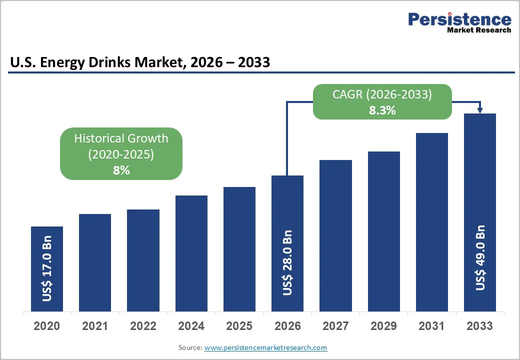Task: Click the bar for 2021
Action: (x=95, y=262)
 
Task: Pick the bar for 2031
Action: (x=432, y=222)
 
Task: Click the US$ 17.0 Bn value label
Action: (x=47, y=268)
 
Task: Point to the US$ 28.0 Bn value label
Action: (x=287, y=262)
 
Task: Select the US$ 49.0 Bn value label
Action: (x=480, y=258)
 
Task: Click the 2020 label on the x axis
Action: (x=47, y=326)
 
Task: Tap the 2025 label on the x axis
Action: (x=239, y=326)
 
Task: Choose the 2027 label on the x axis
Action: (x=335, y=326)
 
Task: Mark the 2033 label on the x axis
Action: (x=480, y=326)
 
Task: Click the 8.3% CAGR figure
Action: (x=382, y=110)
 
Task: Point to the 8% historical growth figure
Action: (x=121, y=170)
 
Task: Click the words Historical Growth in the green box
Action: (x=121, y=138)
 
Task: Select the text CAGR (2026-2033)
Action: (x=382, y=94)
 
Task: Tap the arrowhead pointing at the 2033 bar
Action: (x=480, y=110)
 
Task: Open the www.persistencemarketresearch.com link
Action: (x=265, y=347)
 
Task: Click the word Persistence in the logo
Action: (x=459, y=19)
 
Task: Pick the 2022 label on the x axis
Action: (x=143, y=326)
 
